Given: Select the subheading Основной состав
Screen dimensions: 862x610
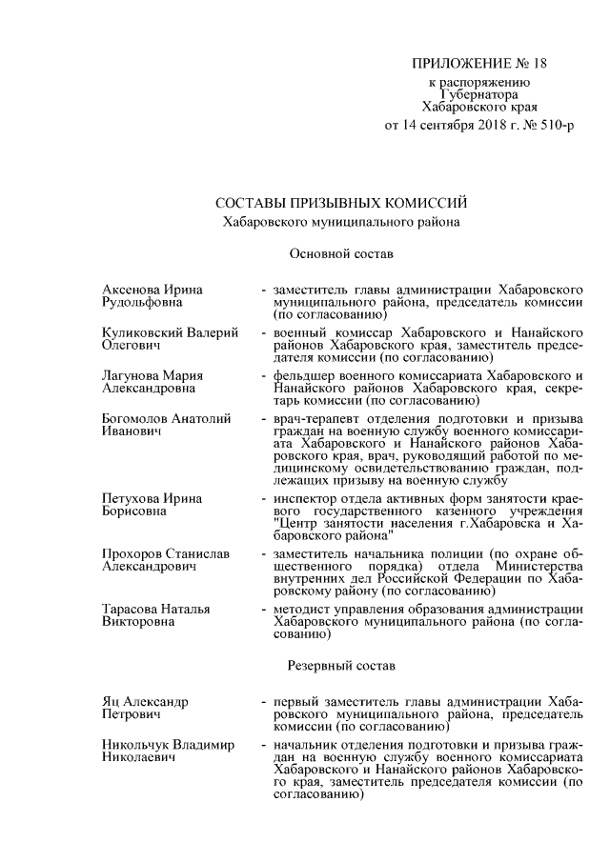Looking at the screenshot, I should point(335,254).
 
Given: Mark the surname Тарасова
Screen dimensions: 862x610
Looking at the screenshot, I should point(131,609).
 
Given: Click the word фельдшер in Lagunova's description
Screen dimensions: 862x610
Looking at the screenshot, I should point(301,375).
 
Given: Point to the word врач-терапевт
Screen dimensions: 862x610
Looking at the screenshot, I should point(315,419).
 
